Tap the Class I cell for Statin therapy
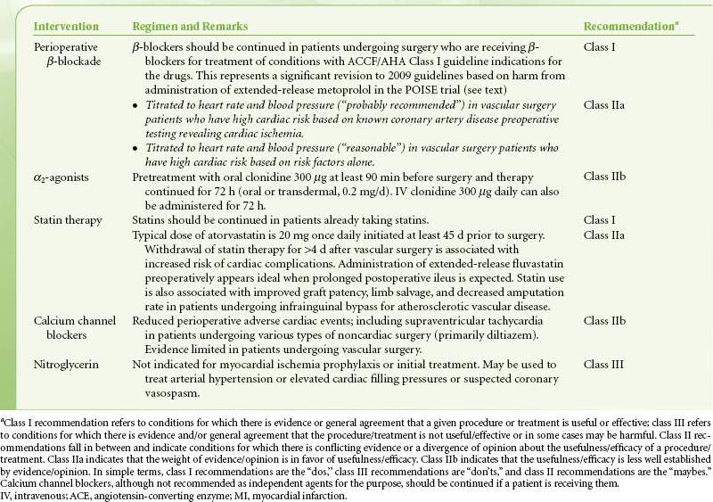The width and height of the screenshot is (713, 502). pyautogui.click(x=600, y=218)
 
